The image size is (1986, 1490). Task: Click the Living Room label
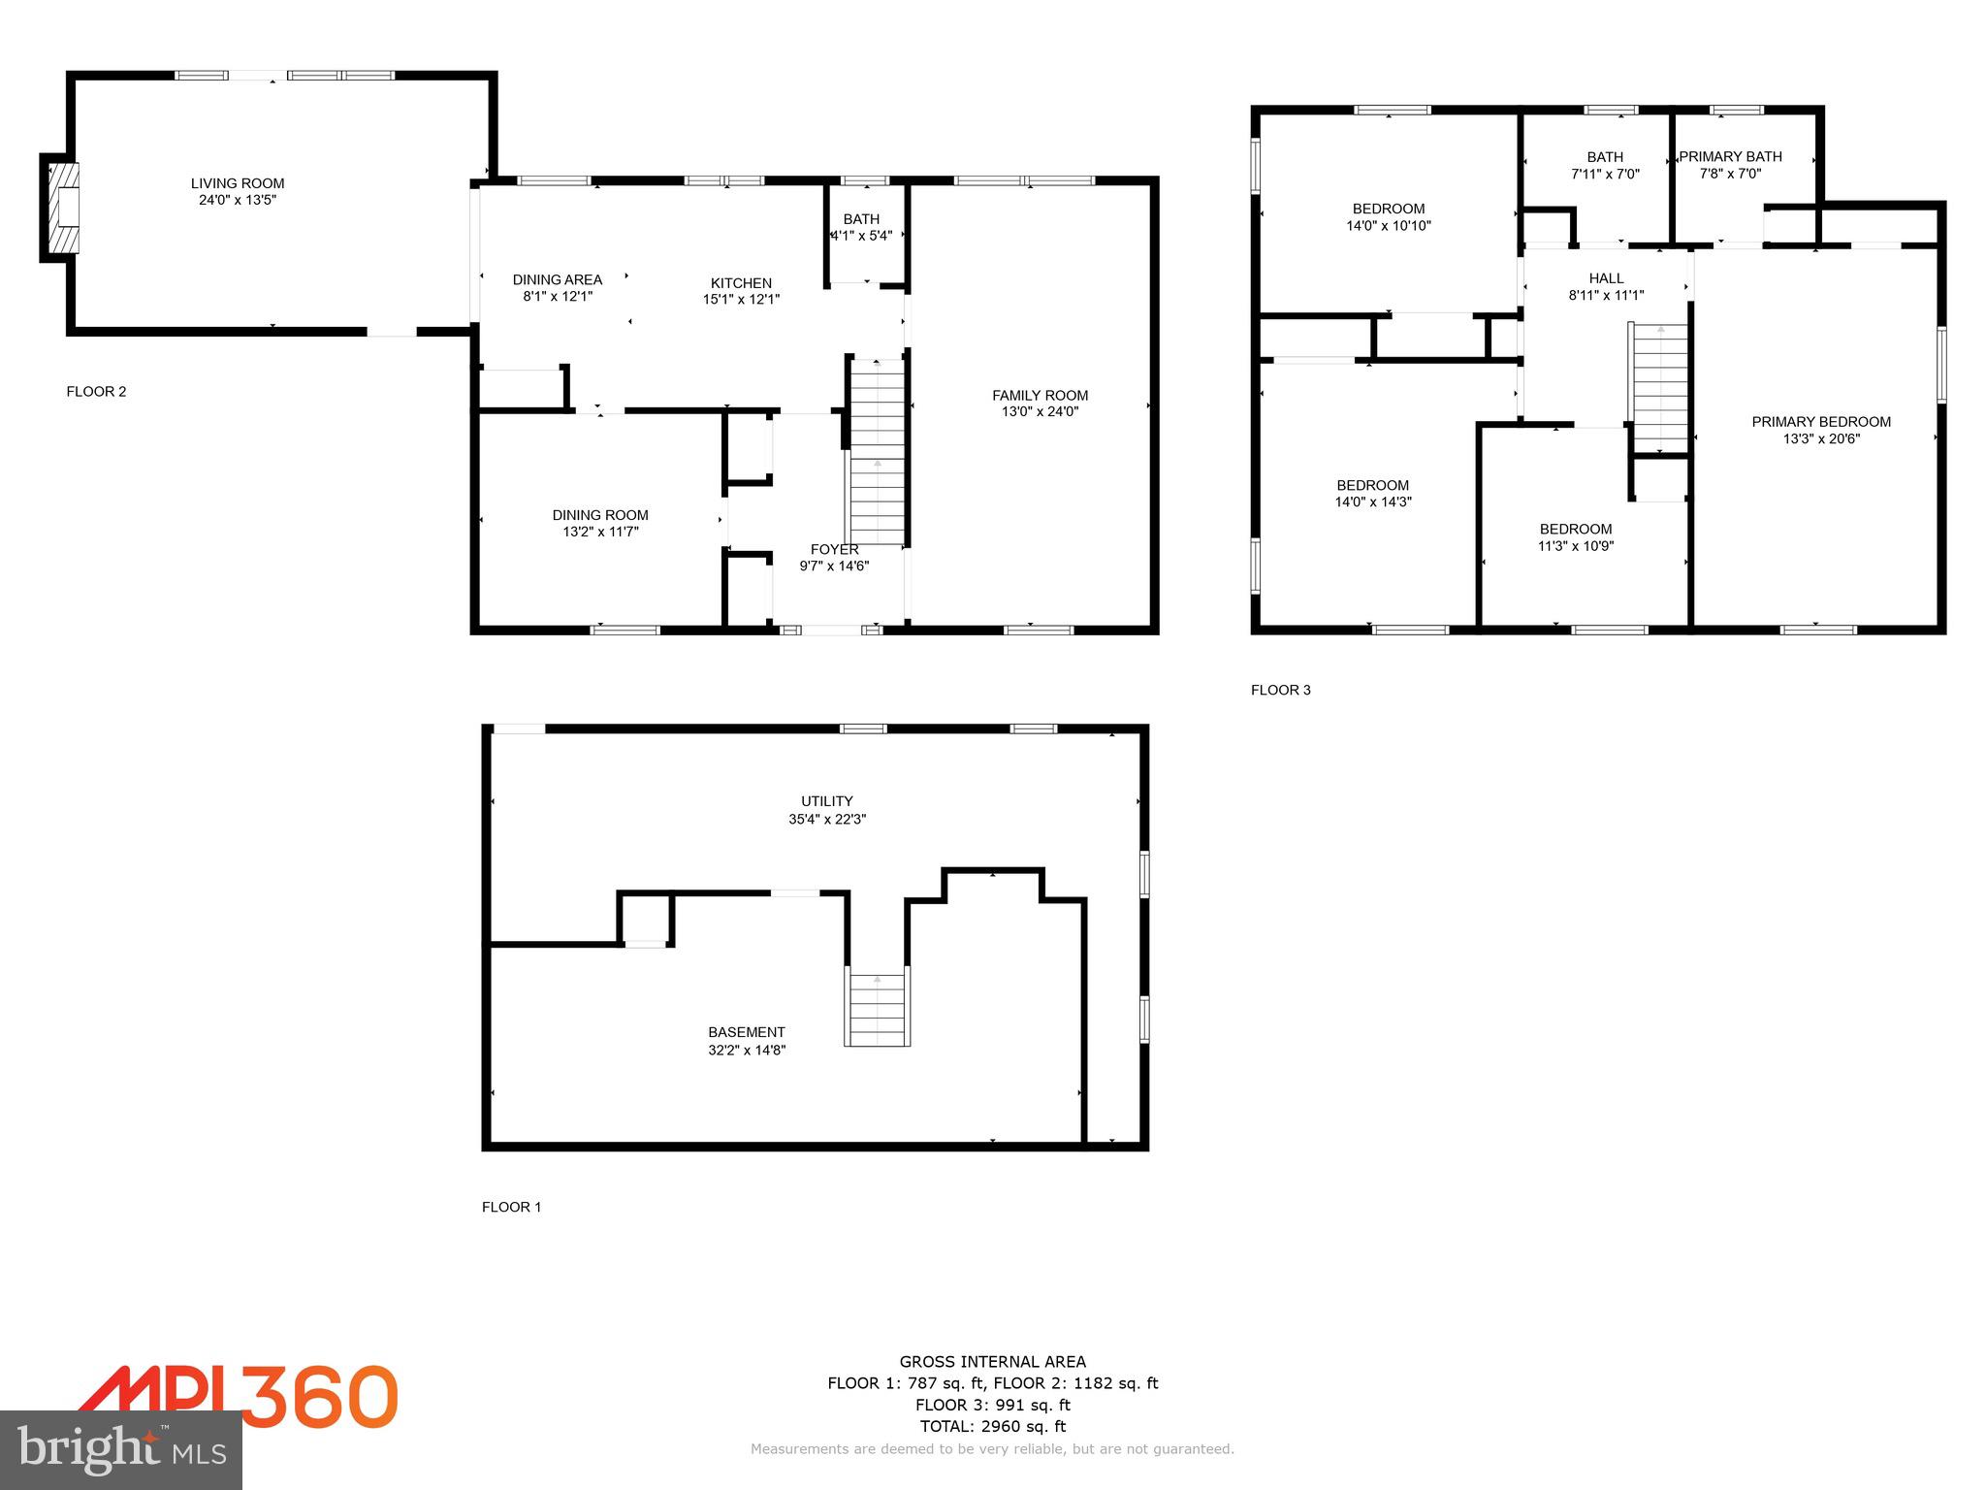pyautogui.click(x=238, y=183)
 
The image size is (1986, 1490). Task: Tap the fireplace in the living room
pyautogui.click(x=63, y=207)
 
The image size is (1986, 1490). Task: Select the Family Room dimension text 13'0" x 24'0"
pyautogui.click(x=1040, y=411)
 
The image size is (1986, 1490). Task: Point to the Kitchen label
pyautogui.click(x=741, y=282)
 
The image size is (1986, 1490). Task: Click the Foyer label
pyautogui.click(x=834, y=549)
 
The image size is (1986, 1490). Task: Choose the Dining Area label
pyautogui.click(x=557, y=279)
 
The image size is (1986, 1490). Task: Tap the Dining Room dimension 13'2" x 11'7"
pyautogui.click(x=600, y=532)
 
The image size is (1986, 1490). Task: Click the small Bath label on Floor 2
pyautogui.click(x=861, y=219)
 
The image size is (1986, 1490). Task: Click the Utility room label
pyautogui.click(x=826, y=801)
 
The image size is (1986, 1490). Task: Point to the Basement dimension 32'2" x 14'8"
pyautogui.click(x=746, y=1050)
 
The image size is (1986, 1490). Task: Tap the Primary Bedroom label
pyautogui.click(x=1821, y=422)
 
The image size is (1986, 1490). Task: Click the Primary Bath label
pyautogui.click(x=1730, y=156)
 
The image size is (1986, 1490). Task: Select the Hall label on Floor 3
pyautogui.click(x=1606, y=278)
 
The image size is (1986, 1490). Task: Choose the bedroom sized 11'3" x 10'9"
pyautogui.click(x=1576, y=537)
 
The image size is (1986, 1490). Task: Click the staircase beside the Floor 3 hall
pyautogui.click(x=1661, y=388)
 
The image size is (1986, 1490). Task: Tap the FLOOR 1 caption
pyautogui.click(x=511, y=1207)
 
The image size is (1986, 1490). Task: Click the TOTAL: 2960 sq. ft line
pyautogui.click(x=992, y=1426)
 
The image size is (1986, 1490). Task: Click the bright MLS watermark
pyautogui.click(x=121, y=1449)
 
